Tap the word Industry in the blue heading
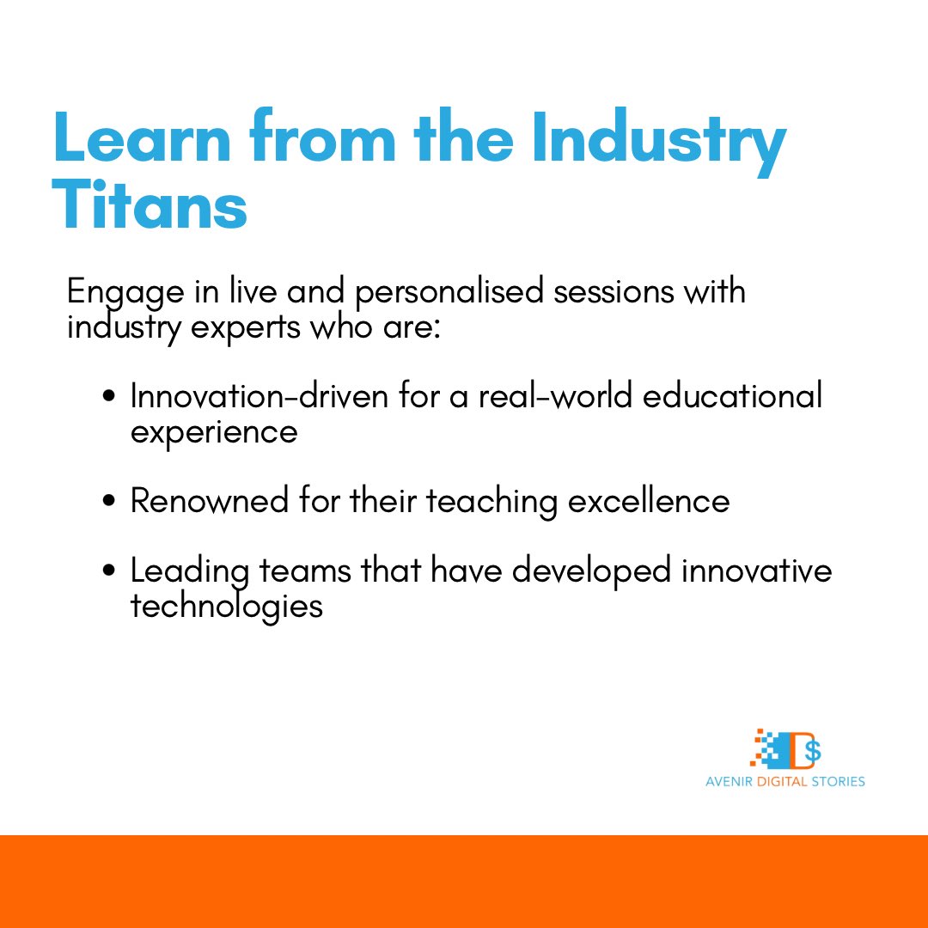tap(657, 139)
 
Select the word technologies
tap(227, 607)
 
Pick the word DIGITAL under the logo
tap(774, 782)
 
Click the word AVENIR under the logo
tap(727, 782)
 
